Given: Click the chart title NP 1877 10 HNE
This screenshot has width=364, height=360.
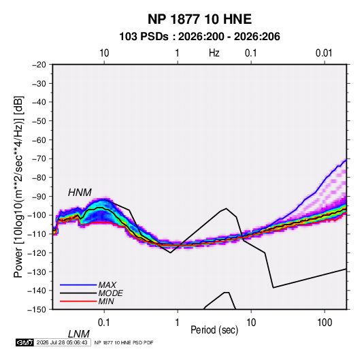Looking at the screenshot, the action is tap(199, 19).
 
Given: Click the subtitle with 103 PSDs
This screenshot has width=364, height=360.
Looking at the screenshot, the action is tap(199, 37).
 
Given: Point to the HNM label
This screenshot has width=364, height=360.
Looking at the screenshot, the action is tap(80, 193).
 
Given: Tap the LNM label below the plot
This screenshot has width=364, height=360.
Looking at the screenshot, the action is tap(79, 334).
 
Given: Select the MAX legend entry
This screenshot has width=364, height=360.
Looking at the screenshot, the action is tap(107, 284).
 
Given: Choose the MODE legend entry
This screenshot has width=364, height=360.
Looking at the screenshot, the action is tap(110, 293).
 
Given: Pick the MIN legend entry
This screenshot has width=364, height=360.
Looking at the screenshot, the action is tap(106, 301).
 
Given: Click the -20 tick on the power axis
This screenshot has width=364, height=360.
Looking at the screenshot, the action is tap(39, 65).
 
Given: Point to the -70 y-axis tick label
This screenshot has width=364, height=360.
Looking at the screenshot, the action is tap(39, 159).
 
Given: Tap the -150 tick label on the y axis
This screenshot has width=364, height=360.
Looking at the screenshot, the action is tap(37, 310).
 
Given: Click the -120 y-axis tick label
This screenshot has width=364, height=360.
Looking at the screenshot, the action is tap(37, 252).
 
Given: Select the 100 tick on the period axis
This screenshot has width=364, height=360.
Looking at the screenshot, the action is tap(325, 323).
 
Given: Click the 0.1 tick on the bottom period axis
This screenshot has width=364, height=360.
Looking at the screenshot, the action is tap(104, 323).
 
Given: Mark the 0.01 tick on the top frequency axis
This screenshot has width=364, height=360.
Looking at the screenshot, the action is tap(324, 53).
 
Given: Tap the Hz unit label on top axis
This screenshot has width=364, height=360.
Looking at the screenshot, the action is tap(214, 53).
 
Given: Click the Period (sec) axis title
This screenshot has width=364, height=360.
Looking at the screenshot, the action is tap(214, 330).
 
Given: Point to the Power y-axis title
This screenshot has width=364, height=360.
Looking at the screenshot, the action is tap(18, 187).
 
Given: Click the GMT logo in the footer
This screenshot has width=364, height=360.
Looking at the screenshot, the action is tap(25, 342).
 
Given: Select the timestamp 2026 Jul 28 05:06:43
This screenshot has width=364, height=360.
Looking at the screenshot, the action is tap(62, 342).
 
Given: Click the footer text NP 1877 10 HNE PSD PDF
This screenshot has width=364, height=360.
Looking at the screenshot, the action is tap(124, 342).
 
